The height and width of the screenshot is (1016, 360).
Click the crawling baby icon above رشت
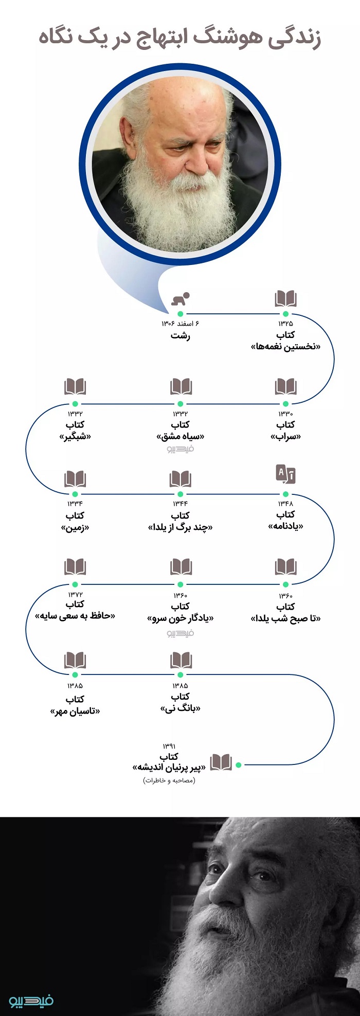pyautogui.click(x=181, y=298)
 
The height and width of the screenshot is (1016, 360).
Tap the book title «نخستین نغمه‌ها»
pyautogui.click(x=285, y=347)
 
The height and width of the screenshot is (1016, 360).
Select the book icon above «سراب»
pyautogui.click(x=285, y=386)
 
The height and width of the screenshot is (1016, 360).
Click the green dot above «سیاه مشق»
pyautogui.click(x=181, y=404)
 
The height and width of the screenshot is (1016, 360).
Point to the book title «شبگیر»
pyautogui.click(x=75, y=437)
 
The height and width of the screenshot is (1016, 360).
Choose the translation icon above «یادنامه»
pyautogui.click(x=285, y=474)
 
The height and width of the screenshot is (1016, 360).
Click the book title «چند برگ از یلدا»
pyautogui.click(x=181, y=527)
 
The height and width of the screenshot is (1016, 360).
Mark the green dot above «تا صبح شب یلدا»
pyautogui.click(x=285, y=584)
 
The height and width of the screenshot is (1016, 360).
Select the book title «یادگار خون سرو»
pyautogui.click(x=181, y=618)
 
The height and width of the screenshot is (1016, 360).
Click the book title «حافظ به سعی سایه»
pyautogui.click(x=75, y=616)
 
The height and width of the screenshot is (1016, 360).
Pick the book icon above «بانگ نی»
pyautogui.click(x=181, y=660)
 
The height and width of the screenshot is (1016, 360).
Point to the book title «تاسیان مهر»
pyautogui.click(x=75, y=711)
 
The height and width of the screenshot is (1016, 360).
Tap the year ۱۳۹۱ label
pyautogui.click(x=169, y=746)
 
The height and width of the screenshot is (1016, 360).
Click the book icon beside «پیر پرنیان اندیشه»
pyautogui.click(x=221, y=762)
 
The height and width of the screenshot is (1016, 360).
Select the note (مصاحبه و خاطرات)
pyautogui.click(x=169, y=780)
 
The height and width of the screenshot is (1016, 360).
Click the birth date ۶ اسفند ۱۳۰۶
pyautogui.click(x=181, y=324)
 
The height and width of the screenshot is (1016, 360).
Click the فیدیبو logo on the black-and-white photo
pyautogui.click(x=31, y=1001)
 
